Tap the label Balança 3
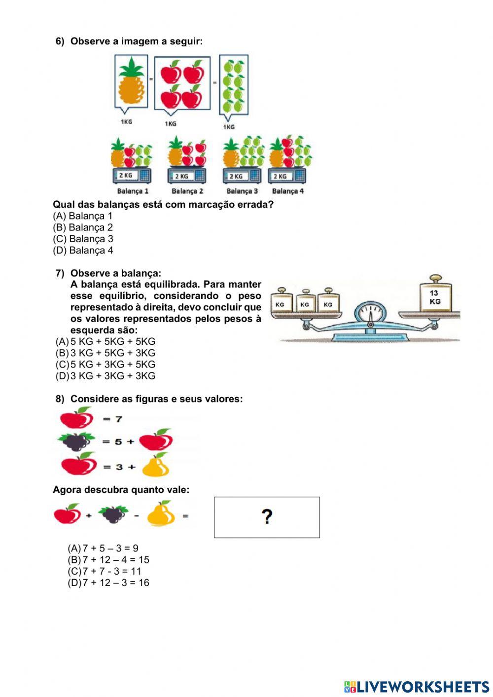(x=242, y=191)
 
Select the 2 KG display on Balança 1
(x=126, y=175)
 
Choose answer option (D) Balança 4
(x=83, y=250)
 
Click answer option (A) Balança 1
(x=83, y=216)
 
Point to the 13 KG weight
(x=434, y=297)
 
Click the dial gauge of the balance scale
(x=369, y=312)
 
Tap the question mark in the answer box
(x=267, y=517)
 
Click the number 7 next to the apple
(x=118, y=419)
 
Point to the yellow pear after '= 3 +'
(x=156, y=465)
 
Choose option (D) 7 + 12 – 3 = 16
(x=108, y=583)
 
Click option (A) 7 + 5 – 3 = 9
(x=103, y=548)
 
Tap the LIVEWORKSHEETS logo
(x=416, y=687)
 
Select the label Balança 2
(x=187, y=191)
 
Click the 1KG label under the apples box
(x=171, y=124)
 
